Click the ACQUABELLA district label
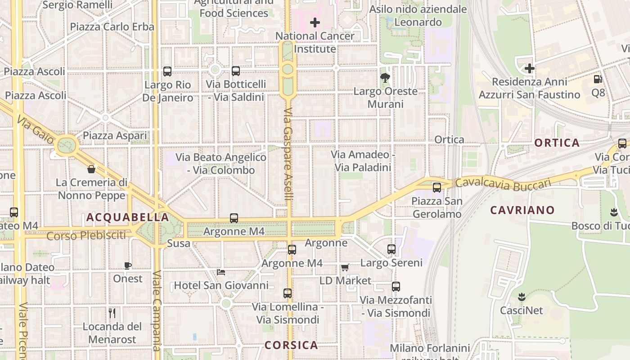point(127,217)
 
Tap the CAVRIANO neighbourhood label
point(522,210)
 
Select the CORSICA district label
point(291,345)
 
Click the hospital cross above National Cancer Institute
point(315,22)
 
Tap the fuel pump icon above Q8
point(598,79)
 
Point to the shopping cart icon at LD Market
point(345,267)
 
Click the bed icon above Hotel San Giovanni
point(221,272)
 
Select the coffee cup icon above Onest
point(128,265)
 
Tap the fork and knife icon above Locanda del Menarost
point(112,313)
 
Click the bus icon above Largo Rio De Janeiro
point(167,71)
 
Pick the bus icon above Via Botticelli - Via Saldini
point(236,71)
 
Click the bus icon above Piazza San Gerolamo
point(437,188)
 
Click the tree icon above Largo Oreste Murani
point(385,78)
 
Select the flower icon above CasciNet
point(522,297)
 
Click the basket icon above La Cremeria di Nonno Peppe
point(91,169)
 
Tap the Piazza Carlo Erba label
point(112,27)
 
